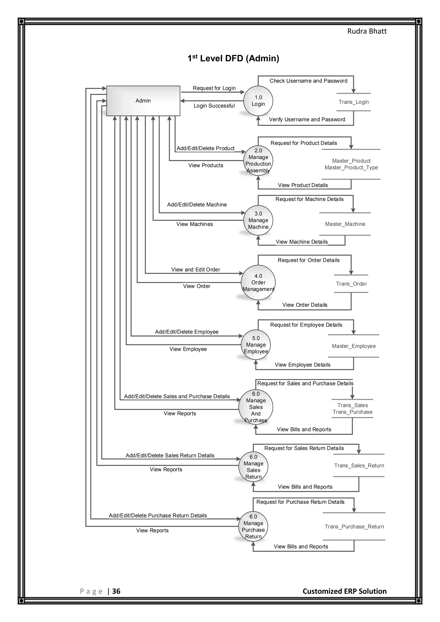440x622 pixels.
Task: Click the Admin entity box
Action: tap(143, 101)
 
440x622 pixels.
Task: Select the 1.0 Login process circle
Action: tap(258, 101)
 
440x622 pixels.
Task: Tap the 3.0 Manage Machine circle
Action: tap(258, 220)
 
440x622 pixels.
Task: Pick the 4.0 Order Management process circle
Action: tap(258, 283)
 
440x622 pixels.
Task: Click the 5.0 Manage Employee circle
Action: tap(256, 345)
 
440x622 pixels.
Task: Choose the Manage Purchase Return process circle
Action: tap(253, 527)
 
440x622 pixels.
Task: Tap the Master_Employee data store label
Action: tap(354, 346)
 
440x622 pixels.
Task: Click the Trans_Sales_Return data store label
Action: tap(359, 466)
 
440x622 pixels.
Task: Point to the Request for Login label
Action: tap(214, 88)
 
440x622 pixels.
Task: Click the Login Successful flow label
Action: tap(214, 106)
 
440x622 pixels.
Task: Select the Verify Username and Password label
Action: tap(307, 119)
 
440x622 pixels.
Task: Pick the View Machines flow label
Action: tap(194, 224)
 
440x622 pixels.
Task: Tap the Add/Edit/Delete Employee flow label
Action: tap(186, 332)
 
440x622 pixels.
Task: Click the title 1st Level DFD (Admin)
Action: tap(233, 58)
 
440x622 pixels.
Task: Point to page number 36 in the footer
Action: tap(116, 591)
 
